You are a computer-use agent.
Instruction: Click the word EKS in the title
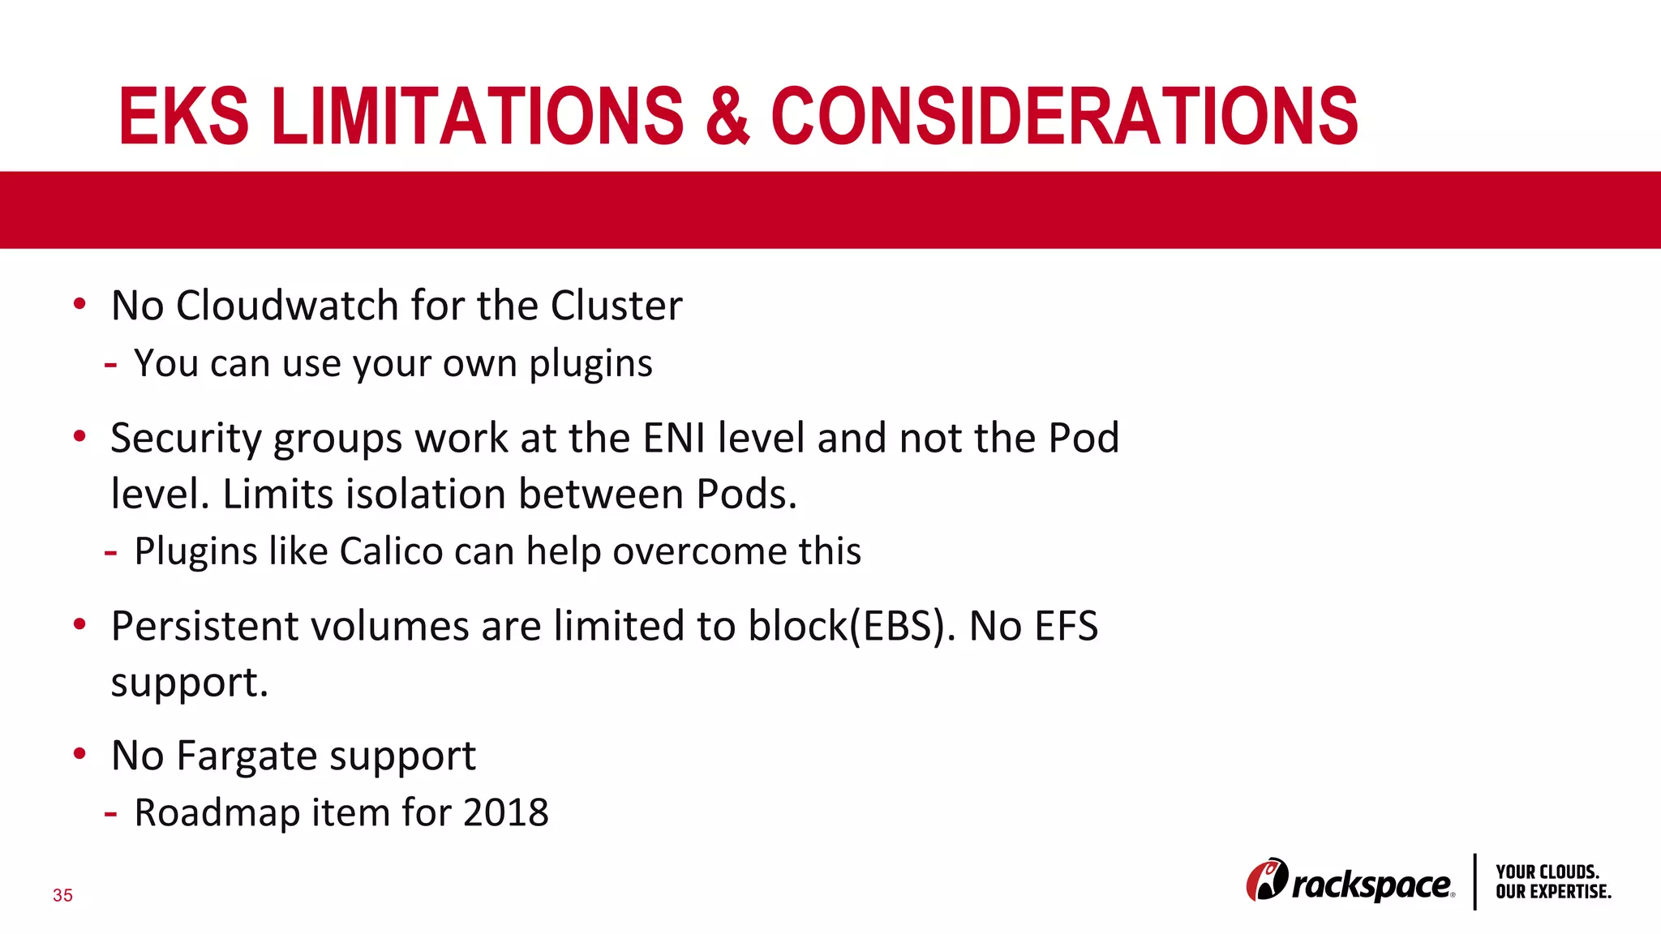coord(184,117)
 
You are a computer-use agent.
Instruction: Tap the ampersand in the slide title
coord(727,117)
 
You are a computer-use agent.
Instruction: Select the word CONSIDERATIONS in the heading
coord(1064,117)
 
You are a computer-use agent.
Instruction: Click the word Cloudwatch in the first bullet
coord(287,306)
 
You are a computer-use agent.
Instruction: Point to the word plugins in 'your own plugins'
coord(590,364)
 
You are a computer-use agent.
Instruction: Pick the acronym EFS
coord(1066,626)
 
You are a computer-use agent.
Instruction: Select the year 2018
coord(505,812)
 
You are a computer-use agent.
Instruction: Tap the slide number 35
coord(62,895)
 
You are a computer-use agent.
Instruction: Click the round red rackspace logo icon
coord(1266,880)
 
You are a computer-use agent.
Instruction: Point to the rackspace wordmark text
coord(1371,885)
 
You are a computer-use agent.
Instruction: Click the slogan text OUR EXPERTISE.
coord(1552,892)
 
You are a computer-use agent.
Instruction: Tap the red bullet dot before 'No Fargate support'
coord(79,754)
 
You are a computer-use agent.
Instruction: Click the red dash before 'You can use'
coord(110,366)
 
